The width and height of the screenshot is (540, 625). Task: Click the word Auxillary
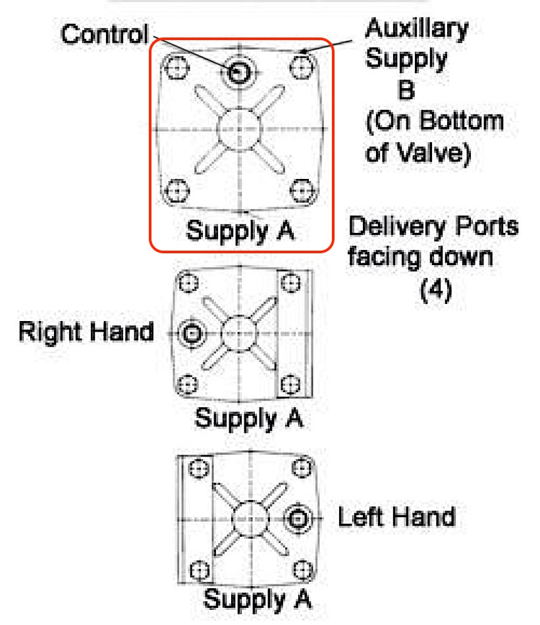416,30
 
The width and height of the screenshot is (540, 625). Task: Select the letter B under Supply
406,89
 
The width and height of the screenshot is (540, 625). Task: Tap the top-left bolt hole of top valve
176,66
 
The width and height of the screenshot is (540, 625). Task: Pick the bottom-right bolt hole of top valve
302,191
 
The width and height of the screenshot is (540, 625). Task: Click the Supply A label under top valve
239,231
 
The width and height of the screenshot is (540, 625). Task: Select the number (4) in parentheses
435,289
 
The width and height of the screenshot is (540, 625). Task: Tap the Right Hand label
86,331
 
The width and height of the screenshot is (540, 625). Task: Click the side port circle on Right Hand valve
192,334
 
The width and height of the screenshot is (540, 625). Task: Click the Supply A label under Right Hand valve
249,417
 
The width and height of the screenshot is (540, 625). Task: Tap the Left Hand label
396,516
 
